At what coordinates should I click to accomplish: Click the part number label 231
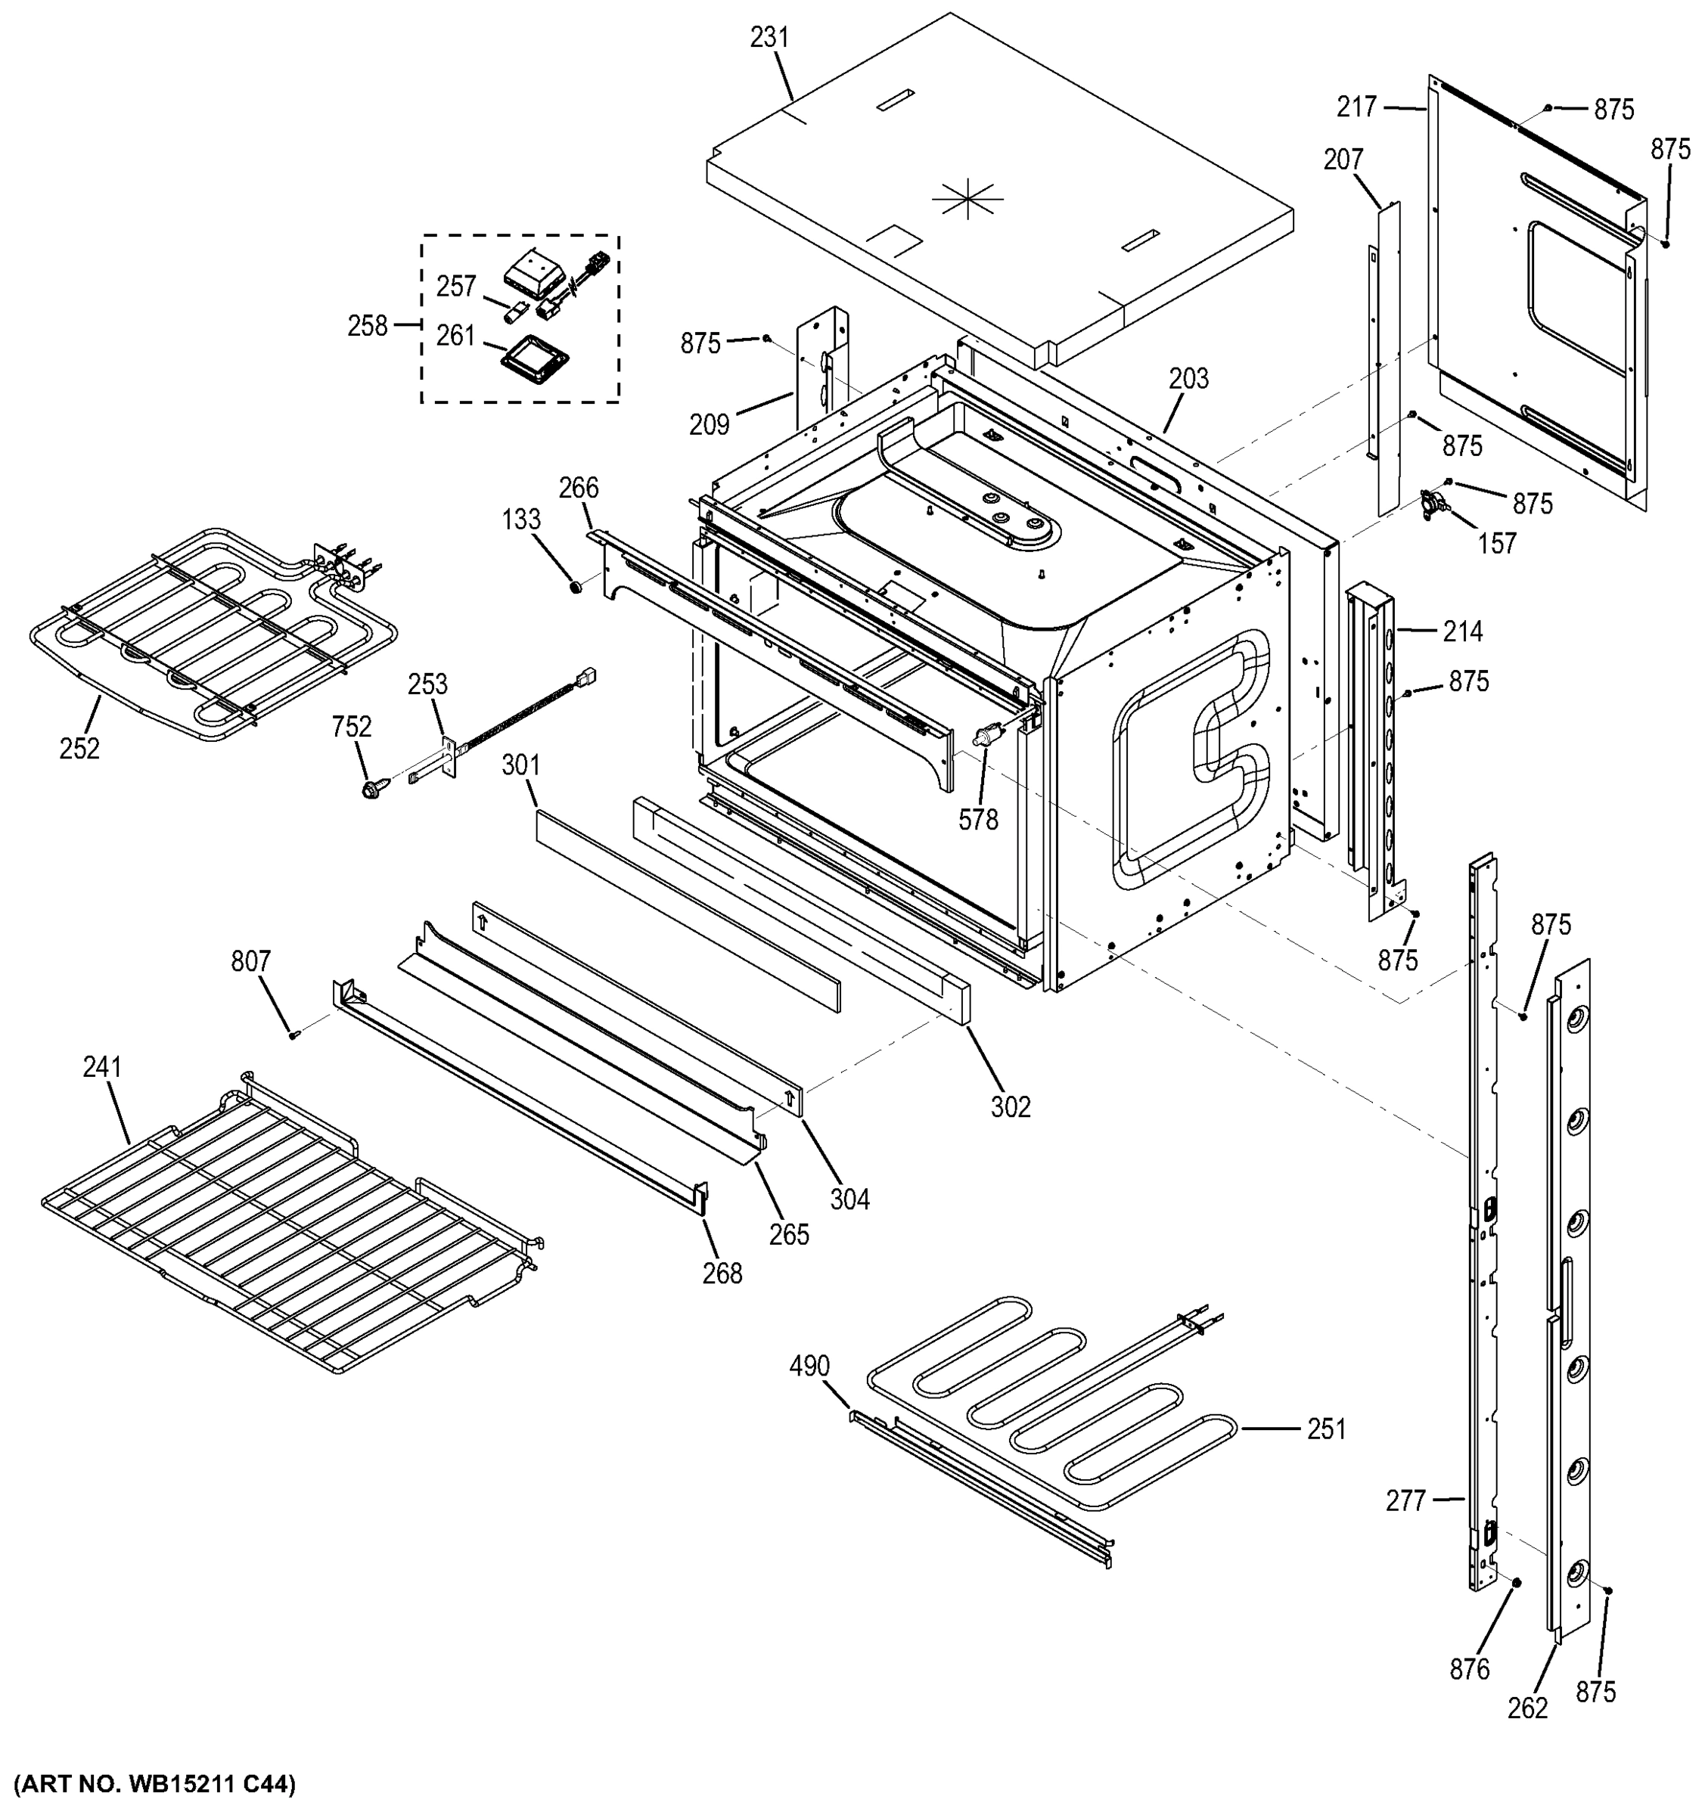point(769,37)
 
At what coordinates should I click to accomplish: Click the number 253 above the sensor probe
point(427,684)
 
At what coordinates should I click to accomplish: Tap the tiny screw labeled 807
point(294,1035)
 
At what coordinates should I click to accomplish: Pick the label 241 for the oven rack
point(102,1066)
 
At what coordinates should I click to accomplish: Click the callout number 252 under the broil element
point(79,749)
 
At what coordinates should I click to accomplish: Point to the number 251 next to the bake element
point(1326,1429)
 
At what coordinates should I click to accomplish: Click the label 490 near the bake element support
point(809,1366)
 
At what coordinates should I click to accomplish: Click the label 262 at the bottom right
point(1528,1708)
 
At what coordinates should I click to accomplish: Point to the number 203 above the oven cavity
point(1188,378)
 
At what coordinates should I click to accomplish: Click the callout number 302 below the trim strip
point(1010,1106)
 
